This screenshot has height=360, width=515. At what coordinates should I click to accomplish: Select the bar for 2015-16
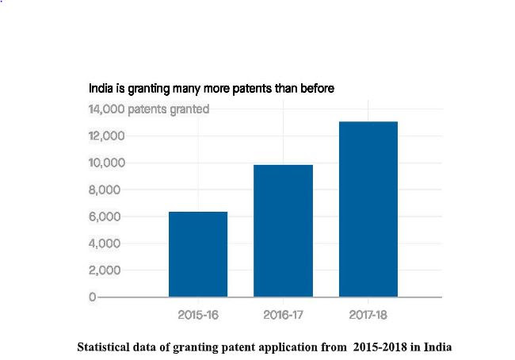[x=198, y=254]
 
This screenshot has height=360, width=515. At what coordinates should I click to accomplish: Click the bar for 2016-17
[x=283, y=230]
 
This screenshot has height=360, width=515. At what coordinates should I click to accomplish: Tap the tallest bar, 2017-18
[x=368, y=209]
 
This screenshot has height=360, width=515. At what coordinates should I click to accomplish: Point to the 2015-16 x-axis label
[x=198, y=315]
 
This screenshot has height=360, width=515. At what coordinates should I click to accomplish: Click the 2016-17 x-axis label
[x=284, y=315]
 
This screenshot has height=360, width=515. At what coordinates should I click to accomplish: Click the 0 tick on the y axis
[x=92, y=297]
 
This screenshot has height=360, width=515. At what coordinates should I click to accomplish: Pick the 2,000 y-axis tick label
[x=106, y=270]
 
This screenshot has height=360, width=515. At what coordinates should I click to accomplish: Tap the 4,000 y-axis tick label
[x=106, y=243]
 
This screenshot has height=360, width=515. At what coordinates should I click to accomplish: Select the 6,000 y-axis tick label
[x=106, y=216]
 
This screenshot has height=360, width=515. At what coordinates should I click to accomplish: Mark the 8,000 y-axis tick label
[x=106, y=190]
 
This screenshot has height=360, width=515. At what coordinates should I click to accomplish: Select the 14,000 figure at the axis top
[x=105, y=109]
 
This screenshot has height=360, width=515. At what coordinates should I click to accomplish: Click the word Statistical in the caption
[x=104, y=347]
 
